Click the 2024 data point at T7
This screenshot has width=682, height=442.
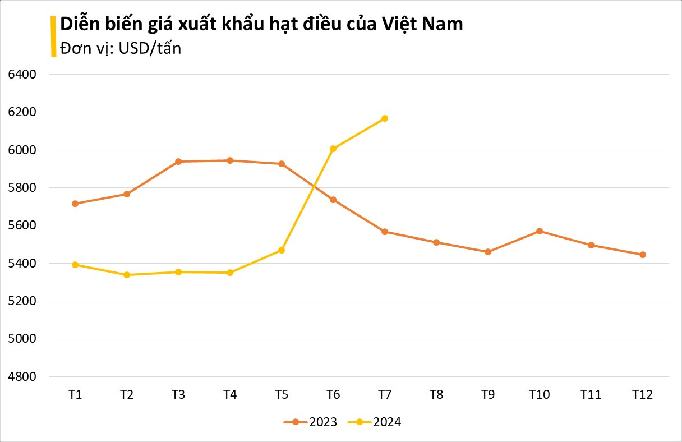click(x=385, y=118)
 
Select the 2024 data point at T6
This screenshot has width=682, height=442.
click(x=333, y=149)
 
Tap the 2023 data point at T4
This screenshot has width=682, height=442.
click(x=230, y=160)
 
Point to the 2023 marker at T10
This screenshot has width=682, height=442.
click(x=540, y=231)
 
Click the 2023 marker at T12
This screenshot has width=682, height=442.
click(x=643, y=255)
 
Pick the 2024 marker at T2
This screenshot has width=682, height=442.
click(x=127, y=275)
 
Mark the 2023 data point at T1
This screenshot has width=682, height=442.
click(x=75, y=204)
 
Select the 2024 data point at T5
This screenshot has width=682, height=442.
click(x=282, y=250)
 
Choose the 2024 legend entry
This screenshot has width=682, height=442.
click(x=374, y=422)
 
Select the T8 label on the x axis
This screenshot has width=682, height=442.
click(x=436, y=395)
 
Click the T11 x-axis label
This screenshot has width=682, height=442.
click(x=591, y=395)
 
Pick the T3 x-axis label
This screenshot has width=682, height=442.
click(x=178, y=395)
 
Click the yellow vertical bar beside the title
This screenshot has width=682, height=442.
click(x=53, y=36)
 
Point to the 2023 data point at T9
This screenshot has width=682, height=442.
click(x=488, y=252)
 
